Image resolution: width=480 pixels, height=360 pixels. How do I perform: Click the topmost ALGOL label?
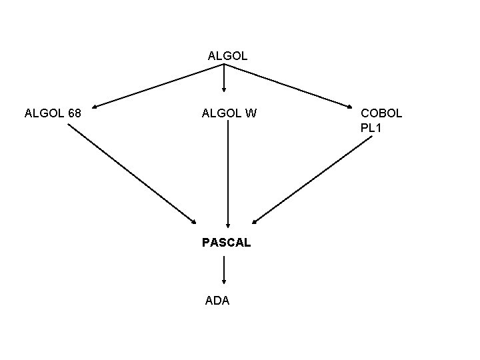click(227, 56)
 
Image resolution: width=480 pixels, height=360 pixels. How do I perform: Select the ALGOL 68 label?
click(53, 113)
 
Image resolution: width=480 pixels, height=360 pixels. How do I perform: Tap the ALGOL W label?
click(229, 113)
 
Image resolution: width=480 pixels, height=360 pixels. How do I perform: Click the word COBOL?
click(381, 113)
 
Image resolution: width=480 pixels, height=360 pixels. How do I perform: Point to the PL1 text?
click(371, 127)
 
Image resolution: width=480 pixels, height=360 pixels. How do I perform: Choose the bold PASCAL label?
click(227, 243)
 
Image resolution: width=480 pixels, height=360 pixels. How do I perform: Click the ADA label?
click(217, 301)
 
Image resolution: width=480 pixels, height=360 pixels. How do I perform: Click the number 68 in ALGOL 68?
click(74, 113)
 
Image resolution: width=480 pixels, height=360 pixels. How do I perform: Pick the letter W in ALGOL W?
click(250, 113)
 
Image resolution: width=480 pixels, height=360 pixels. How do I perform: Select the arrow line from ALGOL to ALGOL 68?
click(157, 85)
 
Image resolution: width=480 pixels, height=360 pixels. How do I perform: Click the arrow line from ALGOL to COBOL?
click(288, 85)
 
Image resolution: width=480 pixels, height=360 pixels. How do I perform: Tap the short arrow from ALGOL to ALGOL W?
click(223, 77)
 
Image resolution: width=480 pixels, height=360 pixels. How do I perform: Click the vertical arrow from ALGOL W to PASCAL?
click(229, 173)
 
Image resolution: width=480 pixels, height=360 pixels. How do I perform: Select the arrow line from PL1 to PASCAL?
click(312, 183)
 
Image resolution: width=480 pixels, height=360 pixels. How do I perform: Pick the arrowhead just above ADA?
click(223, 282)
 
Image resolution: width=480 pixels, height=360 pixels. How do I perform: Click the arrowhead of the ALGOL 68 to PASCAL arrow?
click(193, 221)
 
